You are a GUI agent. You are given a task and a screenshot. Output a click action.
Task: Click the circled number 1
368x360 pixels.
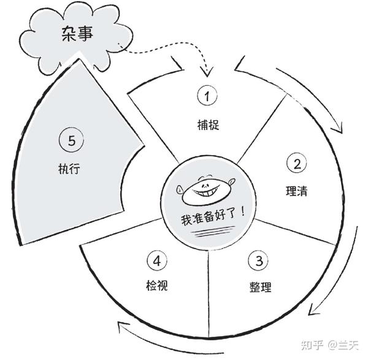coord(207,96)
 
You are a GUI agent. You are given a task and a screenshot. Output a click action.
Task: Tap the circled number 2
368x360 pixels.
coord(296,164)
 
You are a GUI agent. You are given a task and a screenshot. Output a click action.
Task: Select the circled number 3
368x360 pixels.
coord(258,260)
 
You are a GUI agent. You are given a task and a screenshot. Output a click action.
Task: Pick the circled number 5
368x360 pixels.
coord(72,140)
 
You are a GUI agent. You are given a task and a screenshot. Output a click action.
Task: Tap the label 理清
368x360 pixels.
coord(297,191)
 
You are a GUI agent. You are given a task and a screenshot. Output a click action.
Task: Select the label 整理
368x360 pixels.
coord(261,287)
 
